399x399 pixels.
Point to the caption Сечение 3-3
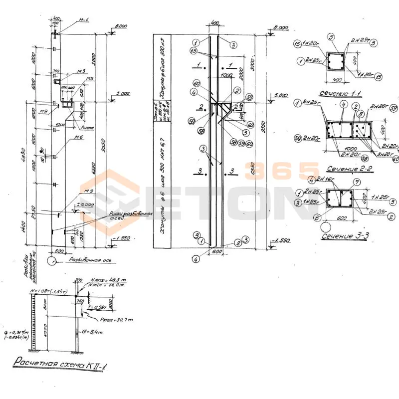(345, 235)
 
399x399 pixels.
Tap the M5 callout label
(90, 79)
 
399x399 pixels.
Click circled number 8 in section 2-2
(360, 114)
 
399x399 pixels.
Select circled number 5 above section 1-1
(330, 37)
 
